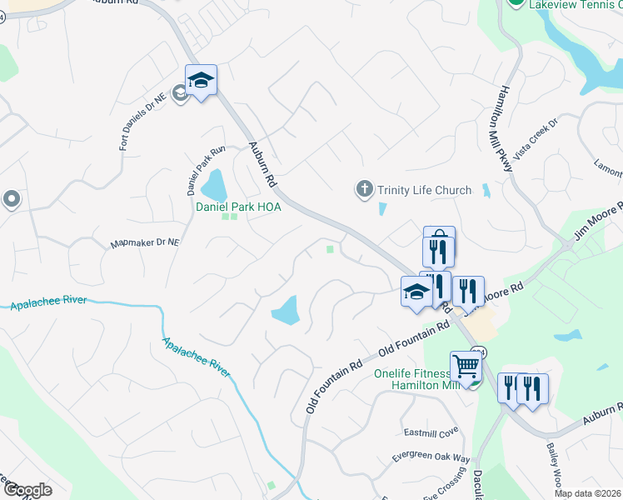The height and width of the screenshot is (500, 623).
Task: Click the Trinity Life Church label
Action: click(424, 190)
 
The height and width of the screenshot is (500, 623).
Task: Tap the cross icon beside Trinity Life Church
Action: click(364, 190)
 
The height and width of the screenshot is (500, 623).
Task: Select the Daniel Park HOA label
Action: click(238, 207)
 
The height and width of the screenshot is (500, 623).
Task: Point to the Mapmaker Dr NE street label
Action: click(145, 244)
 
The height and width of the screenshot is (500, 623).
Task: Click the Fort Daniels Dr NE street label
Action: click(143, 120)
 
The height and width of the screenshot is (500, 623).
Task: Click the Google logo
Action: click(27, 490)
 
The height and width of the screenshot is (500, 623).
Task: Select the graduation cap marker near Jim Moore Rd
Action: click(416, 291)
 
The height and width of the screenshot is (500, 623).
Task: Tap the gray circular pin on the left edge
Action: click(11, 199)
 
